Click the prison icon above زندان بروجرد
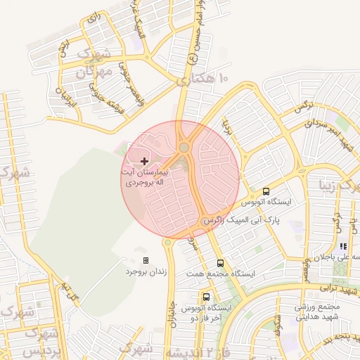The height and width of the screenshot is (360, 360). (146, 260)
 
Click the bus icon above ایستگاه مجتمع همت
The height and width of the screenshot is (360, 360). (221, 263)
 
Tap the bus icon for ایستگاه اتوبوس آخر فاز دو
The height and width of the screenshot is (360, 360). (206, 297)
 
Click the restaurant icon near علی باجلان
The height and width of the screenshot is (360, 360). (343, 247)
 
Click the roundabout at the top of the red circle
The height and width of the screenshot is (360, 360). (184, 148)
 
